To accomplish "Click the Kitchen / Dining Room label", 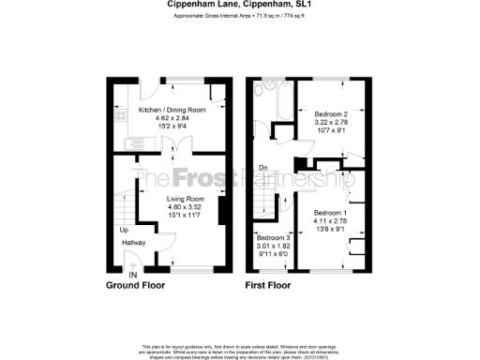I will [169, 111].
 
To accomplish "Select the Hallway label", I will [132, 242].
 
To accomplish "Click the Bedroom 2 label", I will [329, 113].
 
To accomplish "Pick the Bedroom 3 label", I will [275, 238].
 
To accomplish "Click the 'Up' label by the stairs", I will [123, 230].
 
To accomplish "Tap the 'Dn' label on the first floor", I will [263, 169].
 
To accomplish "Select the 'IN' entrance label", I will [132, 273].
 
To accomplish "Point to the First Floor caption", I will [271, 284].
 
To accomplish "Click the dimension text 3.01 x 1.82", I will [275, 246].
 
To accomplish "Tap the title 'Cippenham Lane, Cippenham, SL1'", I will [240, 4].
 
